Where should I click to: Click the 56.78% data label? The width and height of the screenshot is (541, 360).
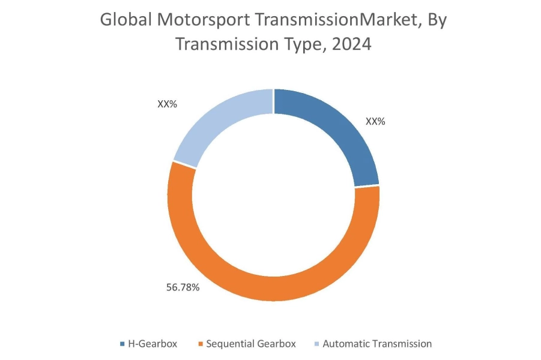point(183,287)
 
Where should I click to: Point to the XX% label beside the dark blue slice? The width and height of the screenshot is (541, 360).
point(375,121)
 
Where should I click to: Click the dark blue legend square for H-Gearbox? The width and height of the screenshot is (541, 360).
point(122,344)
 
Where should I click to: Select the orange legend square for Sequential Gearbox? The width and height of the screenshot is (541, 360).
point(200,344)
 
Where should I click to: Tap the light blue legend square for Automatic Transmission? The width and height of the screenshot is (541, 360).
point(316,344)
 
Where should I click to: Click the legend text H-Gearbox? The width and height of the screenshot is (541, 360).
point(154,344)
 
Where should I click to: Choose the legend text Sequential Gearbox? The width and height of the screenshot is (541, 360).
point(251,344)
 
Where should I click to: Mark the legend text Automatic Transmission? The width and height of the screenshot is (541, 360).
point(377,344)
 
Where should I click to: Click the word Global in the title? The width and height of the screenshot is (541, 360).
point(123,20)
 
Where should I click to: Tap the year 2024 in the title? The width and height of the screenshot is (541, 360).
point(350,45)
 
